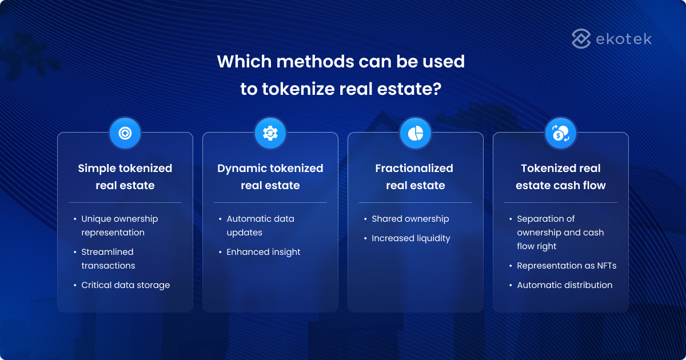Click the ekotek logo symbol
point(581,39)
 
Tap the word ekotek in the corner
point(623,39)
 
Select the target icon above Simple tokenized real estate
point(125,133)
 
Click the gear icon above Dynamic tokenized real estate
point(270,133)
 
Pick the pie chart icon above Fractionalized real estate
point(415,133)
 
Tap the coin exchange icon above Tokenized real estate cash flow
point(560,133)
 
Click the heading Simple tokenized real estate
point(125,177)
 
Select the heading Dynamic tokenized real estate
point(270,177)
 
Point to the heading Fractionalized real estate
point(415,177)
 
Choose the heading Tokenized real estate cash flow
point(560,177)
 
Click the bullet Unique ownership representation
point(119,226)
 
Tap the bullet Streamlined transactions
point(108,259)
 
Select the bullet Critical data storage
point(125,285)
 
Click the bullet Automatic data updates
point(260,226)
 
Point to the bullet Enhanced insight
point(263,252)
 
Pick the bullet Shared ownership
point(410,219)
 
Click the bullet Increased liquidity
point(410,238)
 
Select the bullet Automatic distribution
point(564,285)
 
